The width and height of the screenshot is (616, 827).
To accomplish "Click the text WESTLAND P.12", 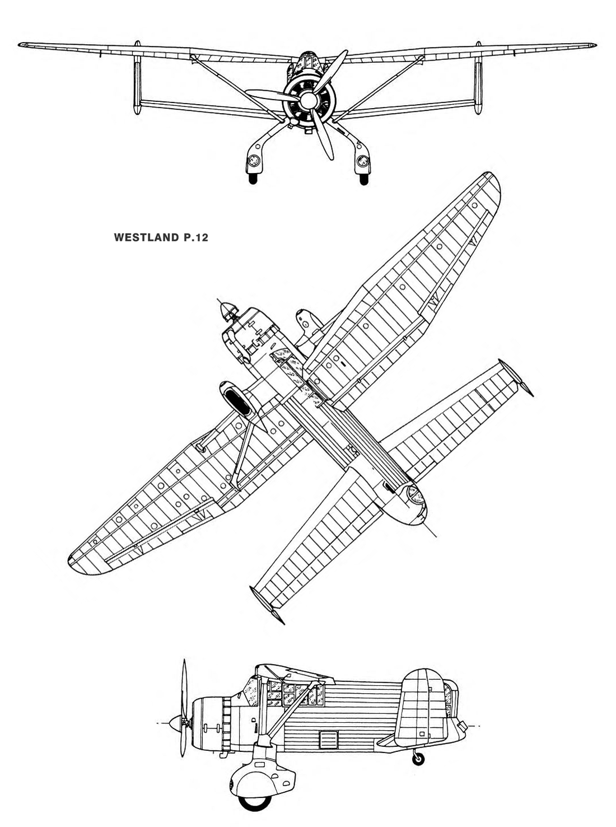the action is (x=161, y=237).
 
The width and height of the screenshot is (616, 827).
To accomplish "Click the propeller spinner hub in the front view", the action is (x=309, y=100).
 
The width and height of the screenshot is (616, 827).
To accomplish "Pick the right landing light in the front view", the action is (x=361, y=161).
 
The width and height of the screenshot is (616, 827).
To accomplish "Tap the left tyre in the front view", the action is (x=254, y=179).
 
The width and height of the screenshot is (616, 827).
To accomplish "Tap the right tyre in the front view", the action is (x=363, y=179).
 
